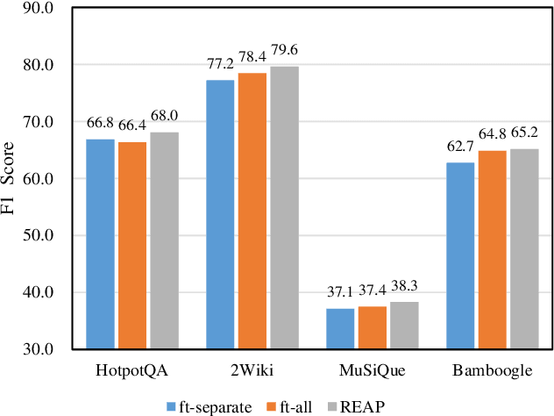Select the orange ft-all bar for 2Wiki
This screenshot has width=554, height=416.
point(252,211)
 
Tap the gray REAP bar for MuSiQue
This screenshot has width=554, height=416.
point(404,325)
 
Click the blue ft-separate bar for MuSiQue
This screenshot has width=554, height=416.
point(340,328)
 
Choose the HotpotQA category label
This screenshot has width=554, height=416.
point(132,370)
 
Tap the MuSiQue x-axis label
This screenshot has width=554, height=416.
point(373,370)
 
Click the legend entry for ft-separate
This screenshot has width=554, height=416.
point(209,405)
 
